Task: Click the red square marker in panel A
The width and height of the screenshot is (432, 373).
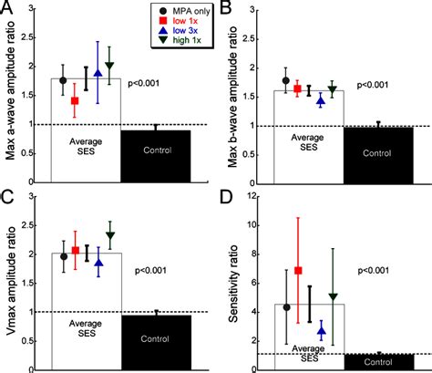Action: (75, 100)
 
